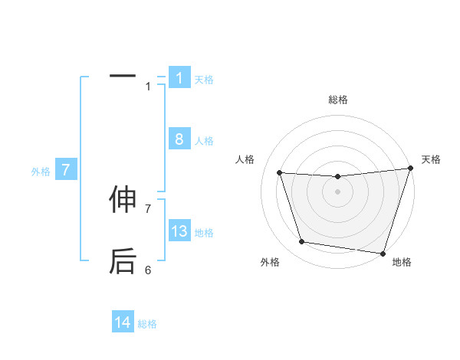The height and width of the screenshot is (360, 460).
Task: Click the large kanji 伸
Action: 123,201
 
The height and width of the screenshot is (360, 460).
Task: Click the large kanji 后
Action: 123,261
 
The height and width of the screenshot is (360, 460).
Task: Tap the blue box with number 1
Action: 179,78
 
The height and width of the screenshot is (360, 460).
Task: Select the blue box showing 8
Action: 179,139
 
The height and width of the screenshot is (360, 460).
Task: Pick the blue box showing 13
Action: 179,231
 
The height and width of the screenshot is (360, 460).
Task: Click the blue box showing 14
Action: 123,323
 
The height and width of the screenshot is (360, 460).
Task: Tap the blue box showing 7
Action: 66,170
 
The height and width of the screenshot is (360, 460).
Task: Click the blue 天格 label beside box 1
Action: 204,80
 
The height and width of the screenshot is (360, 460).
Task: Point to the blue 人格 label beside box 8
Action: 204,141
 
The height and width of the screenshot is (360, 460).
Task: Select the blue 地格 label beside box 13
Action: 204,233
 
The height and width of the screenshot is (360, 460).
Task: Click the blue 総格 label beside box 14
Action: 147,325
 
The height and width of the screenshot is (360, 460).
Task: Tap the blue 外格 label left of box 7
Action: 41,172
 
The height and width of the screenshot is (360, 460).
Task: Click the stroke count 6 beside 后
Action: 148,270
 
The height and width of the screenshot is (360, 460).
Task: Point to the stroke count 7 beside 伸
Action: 148,208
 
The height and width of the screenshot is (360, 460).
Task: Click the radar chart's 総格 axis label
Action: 337,100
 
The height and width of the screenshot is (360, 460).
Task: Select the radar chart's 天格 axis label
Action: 431,159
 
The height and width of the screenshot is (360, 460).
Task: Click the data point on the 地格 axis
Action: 383,253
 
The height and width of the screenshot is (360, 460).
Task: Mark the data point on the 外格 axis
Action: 302,242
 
